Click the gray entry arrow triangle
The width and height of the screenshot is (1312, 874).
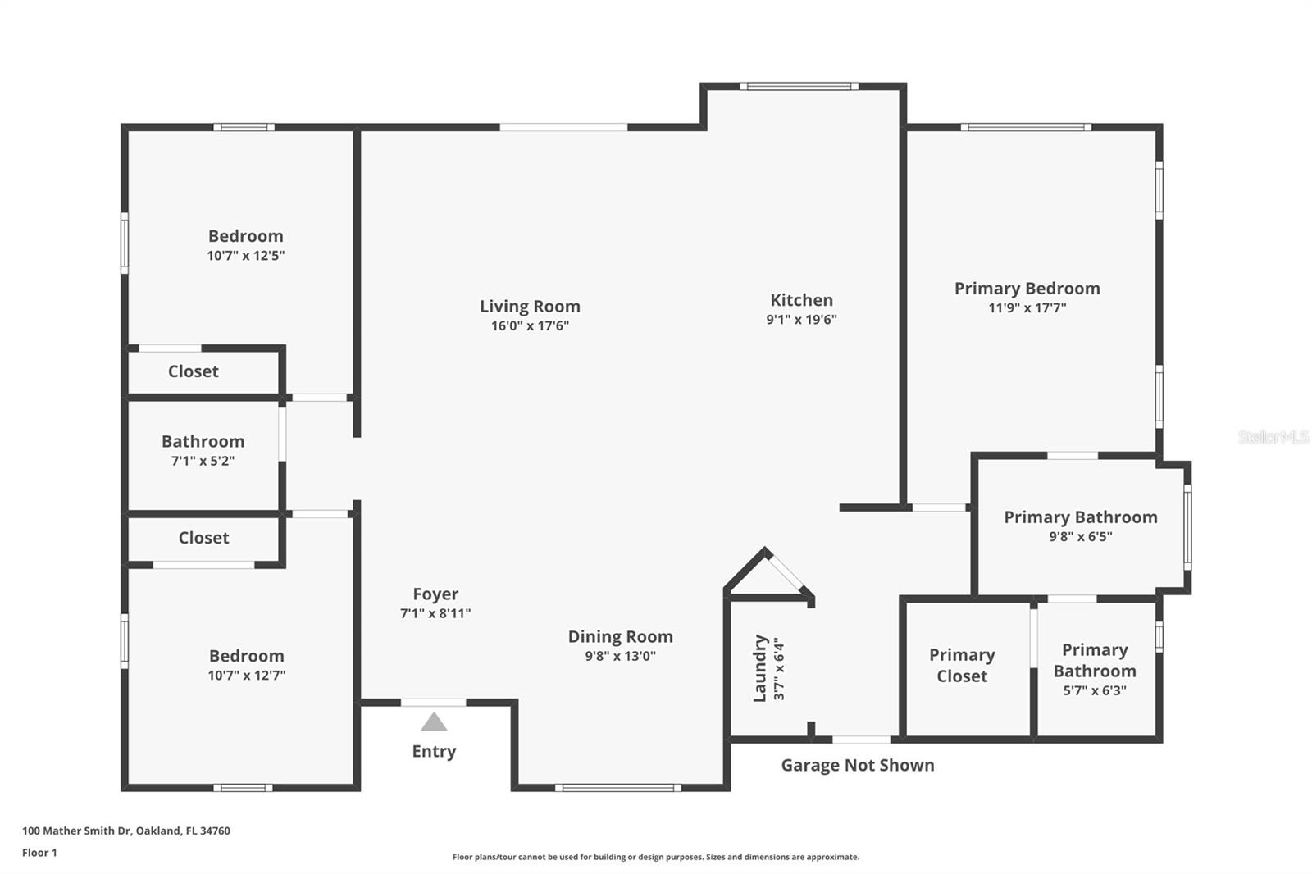pos(434,722)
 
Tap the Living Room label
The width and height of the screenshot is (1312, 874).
pos(530,307)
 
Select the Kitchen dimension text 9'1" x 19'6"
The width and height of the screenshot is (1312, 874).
pos(801,319)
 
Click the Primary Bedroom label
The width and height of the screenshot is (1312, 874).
pos(1027,289)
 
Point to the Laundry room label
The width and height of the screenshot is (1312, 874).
pos(759,668)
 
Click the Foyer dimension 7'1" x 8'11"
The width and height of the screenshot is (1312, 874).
pos(435,613)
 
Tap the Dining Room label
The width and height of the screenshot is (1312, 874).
pos(620,637)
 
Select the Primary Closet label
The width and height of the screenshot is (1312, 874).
pos(962,666)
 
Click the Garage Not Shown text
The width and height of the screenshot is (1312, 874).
pos(858,765)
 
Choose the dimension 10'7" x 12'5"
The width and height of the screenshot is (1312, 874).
pos(245,256)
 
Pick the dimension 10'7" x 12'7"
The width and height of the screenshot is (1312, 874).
pos(247,676)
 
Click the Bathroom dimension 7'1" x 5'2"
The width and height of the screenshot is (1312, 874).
pos(203,461)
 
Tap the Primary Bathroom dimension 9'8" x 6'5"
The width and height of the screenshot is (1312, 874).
pos(1081,536)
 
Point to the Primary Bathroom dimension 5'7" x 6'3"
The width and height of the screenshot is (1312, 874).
pos(1095,690)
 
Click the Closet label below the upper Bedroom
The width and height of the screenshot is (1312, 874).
pos(194,371)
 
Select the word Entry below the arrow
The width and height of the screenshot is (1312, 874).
pos(434,752)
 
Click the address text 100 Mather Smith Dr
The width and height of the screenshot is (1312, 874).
pos(77,831)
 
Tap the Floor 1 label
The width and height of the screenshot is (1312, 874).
pos(40,853)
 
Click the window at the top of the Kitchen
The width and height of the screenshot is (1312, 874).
pos(799,87)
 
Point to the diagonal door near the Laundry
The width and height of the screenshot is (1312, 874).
pos(786,571)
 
